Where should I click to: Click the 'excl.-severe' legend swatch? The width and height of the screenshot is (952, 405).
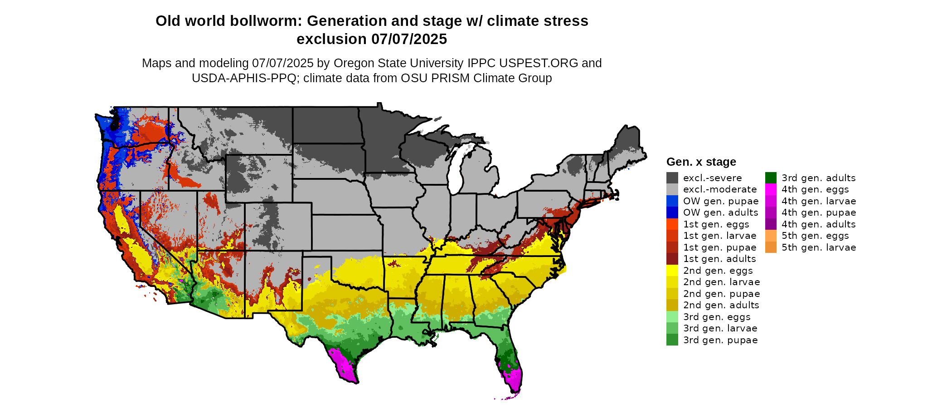[x=672, y=178]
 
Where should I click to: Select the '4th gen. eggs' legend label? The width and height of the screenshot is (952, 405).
[x=815, y=189]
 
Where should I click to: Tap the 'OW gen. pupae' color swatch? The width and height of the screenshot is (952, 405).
[x=672, y=201]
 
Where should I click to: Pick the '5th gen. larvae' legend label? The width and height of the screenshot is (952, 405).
[x=819, y=247]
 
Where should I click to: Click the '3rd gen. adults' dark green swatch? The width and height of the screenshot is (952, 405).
[x=771, y=178]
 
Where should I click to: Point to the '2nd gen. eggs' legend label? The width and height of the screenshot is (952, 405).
[x=718, y=271]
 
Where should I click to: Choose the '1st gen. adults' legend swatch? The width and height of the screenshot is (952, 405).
[x=672, y=259]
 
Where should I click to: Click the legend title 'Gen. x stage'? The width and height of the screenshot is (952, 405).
[x=701, y=162]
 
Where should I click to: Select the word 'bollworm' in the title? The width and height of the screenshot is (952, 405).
[x=266, y=21]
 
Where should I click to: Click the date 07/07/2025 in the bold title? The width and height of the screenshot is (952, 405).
[x=409, y=39]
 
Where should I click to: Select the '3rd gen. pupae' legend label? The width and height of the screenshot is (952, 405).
[x=720, y=340]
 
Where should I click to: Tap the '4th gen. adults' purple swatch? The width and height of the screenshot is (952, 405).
[x=771, y=224]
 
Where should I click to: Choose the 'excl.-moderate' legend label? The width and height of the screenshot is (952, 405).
[x=720, y=189]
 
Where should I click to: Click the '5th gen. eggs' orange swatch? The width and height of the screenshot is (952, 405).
[x=771, y=236]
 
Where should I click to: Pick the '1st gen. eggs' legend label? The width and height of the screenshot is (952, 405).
[x=716, y=224]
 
